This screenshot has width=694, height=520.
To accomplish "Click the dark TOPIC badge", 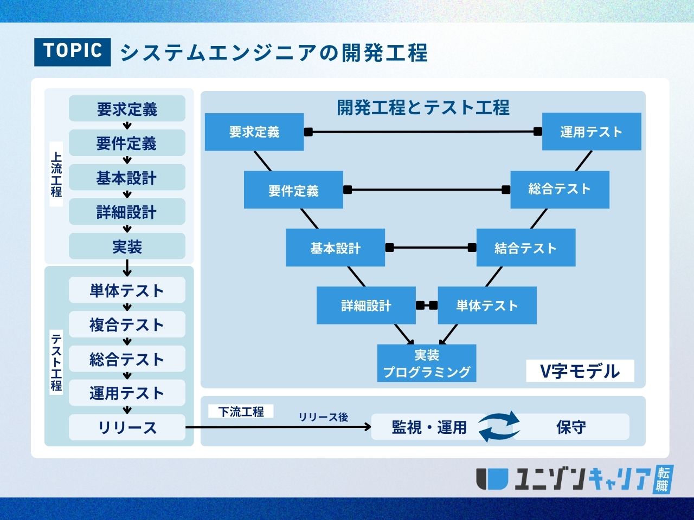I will click(x=72, y=52).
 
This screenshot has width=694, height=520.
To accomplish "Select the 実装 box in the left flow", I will click(x=127, y=246).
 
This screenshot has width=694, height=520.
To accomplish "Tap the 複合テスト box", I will click(x=127, y=324).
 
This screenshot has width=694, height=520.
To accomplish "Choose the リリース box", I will click(x=127, y=427).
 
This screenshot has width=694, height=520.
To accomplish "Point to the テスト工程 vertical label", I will click(x=56, y=362).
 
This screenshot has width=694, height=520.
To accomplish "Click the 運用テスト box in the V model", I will click(x=592, y=132).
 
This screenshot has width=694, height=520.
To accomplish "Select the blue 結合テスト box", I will click(x=525, y=248).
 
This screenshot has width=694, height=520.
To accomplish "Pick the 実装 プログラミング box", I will click(x=427, y=363).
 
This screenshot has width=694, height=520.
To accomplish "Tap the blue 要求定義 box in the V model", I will click(x=254, y=132).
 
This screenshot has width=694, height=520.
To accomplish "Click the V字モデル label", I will click(x=580, y=371).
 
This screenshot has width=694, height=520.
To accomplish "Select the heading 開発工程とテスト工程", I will click(x=423, y=107).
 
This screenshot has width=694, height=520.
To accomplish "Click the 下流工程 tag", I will click(x=241, y=412).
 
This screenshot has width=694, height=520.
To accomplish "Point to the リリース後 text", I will click(x=323, y=417).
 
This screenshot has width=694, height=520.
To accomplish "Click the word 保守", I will click(x=571, y=427).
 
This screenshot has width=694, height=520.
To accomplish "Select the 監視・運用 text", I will click(x=429, y=427).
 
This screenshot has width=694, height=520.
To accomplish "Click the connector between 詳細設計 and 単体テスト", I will click(x=427, y=305).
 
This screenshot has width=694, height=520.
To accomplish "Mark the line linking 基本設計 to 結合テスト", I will click(x=430, y=248).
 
